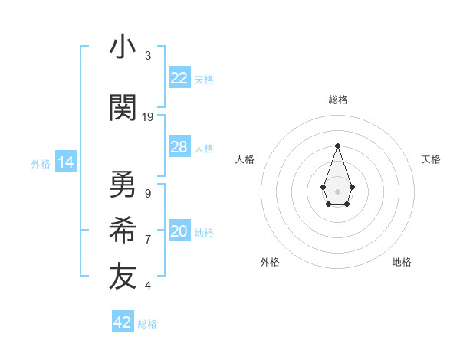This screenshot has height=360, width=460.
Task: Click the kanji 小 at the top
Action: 123,47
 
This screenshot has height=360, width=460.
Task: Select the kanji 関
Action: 123,108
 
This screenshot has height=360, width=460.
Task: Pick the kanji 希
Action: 123,231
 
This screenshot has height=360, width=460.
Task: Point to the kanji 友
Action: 123,277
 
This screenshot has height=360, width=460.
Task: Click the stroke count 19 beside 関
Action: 148,117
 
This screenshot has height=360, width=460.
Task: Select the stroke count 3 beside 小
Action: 148,56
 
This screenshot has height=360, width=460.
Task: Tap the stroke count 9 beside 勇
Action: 148,194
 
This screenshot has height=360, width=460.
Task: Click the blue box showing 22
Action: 179,77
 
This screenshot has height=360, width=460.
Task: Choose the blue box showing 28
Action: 179,147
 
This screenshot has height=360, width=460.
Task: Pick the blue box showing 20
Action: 179,232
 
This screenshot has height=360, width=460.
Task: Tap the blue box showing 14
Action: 65,162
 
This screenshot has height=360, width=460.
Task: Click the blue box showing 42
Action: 123,322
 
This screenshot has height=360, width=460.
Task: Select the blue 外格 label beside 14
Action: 41,163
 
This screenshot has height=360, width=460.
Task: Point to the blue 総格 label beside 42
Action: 147,324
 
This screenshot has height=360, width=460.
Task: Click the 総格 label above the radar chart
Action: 337,100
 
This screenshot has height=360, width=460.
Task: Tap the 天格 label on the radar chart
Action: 431,159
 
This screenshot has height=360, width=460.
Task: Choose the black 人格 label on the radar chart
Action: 245,159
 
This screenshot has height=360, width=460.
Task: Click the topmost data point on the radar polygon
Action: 337,145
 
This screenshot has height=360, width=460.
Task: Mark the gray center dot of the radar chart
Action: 337,191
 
